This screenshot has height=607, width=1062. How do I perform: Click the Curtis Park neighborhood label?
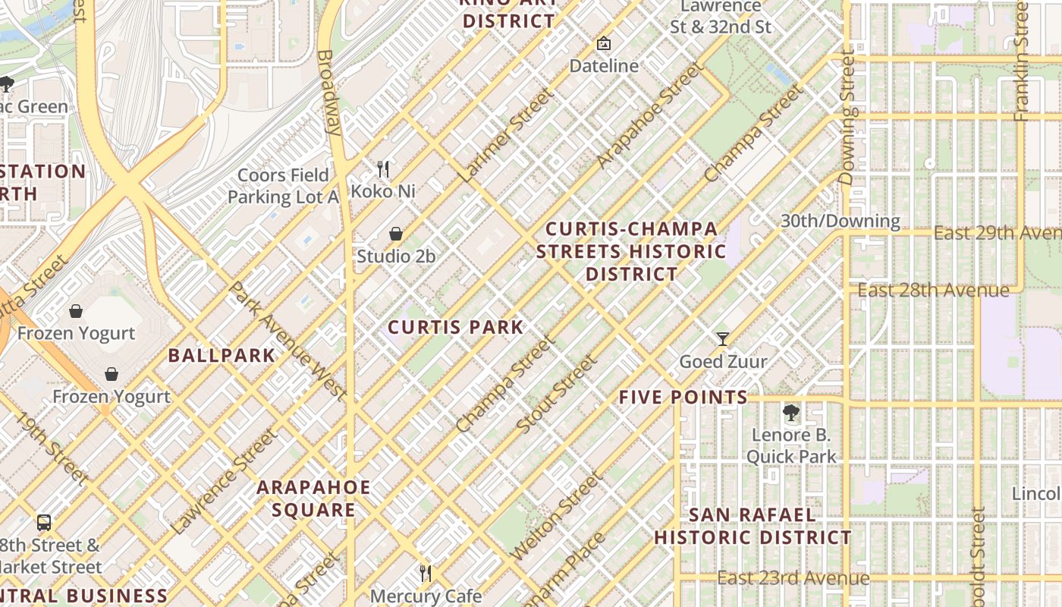tap(456, 328)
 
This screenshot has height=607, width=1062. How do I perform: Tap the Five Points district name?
tap(683, 397)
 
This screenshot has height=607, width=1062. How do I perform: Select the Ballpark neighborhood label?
tap(221, 355)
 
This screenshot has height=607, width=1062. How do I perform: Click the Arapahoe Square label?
tap(313, 498)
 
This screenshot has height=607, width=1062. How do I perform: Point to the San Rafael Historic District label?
tap(753, 527)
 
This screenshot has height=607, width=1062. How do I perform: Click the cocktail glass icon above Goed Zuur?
tap(723, 338)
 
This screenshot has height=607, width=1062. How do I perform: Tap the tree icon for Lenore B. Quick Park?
tap(791, 413)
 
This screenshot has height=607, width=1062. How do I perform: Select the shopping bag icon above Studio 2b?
tap(396, 234)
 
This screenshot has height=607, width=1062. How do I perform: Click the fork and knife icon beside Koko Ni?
tap(383, 168)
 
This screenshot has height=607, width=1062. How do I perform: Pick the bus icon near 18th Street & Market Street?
tap(44, 522)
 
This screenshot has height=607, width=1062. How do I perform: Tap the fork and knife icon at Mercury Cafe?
tap(426, 573)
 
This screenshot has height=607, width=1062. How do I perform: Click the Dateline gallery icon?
tap(604, 43)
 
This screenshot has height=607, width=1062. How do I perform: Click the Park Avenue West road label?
tap(287, 341)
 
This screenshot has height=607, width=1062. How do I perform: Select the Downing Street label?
tap(848, 118)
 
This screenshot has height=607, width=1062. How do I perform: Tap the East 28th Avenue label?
tap(933, 291)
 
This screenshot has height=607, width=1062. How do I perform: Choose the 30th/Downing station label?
tap(840, 222)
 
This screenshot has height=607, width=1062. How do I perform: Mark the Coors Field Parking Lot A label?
tap(284, 186)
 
